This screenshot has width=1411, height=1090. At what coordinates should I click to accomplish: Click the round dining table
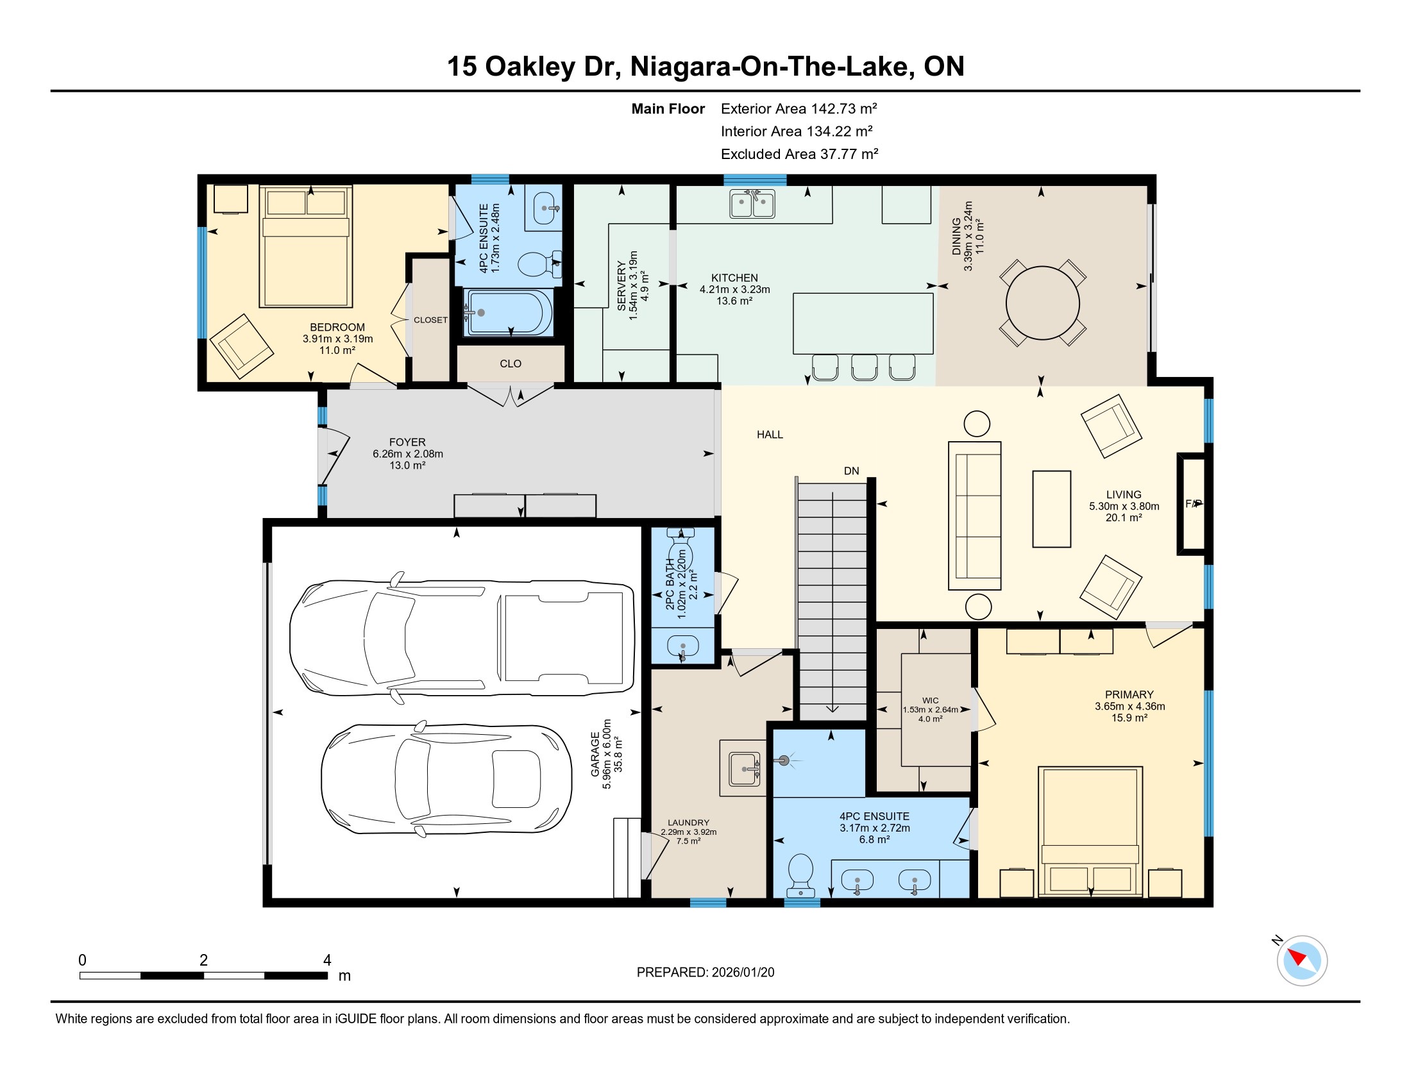click(1042, 303)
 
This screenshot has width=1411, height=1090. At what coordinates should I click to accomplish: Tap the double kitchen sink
click(752, 203)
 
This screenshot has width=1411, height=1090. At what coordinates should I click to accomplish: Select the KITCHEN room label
click(734, 278)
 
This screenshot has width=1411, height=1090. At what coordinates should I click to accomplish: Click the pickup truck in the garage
click(461, 637)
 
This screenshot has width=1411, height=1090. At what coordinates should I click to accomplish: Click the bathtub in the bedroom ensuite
click(510, 312)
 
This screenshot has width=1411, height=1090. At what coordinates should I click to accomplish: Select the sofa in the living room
click(974, 516)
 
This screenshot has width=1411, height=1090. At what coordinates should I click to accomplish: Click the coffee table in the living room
click(1051, 509)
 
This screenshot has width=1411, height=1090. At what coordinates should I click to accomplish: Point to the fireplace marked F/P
click(1193, 504)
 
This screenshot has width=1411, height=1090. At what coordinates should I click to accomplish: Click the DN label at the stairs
click(852, 471)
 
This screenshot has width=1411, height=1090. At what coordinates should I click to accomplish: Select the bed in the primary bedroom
click(1090, 832)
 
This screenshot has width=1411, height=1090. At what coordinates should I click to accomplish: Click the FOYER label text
click(407, 442)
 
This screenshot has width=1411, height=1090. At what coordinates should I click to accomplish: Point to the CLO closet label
click(511, 364)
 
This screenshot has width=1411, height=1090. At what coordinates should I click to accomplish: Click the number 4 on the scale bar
click(327, 960)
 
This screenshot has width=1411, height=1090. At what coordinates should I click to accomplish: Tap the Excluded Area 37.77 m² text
click(799, 154)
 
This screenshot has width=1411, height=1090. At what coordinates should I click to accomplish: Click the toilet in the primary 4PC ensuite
click(801, 875)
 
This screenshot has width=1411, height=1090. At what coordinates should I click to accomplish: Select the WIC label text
click(931, 700)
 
